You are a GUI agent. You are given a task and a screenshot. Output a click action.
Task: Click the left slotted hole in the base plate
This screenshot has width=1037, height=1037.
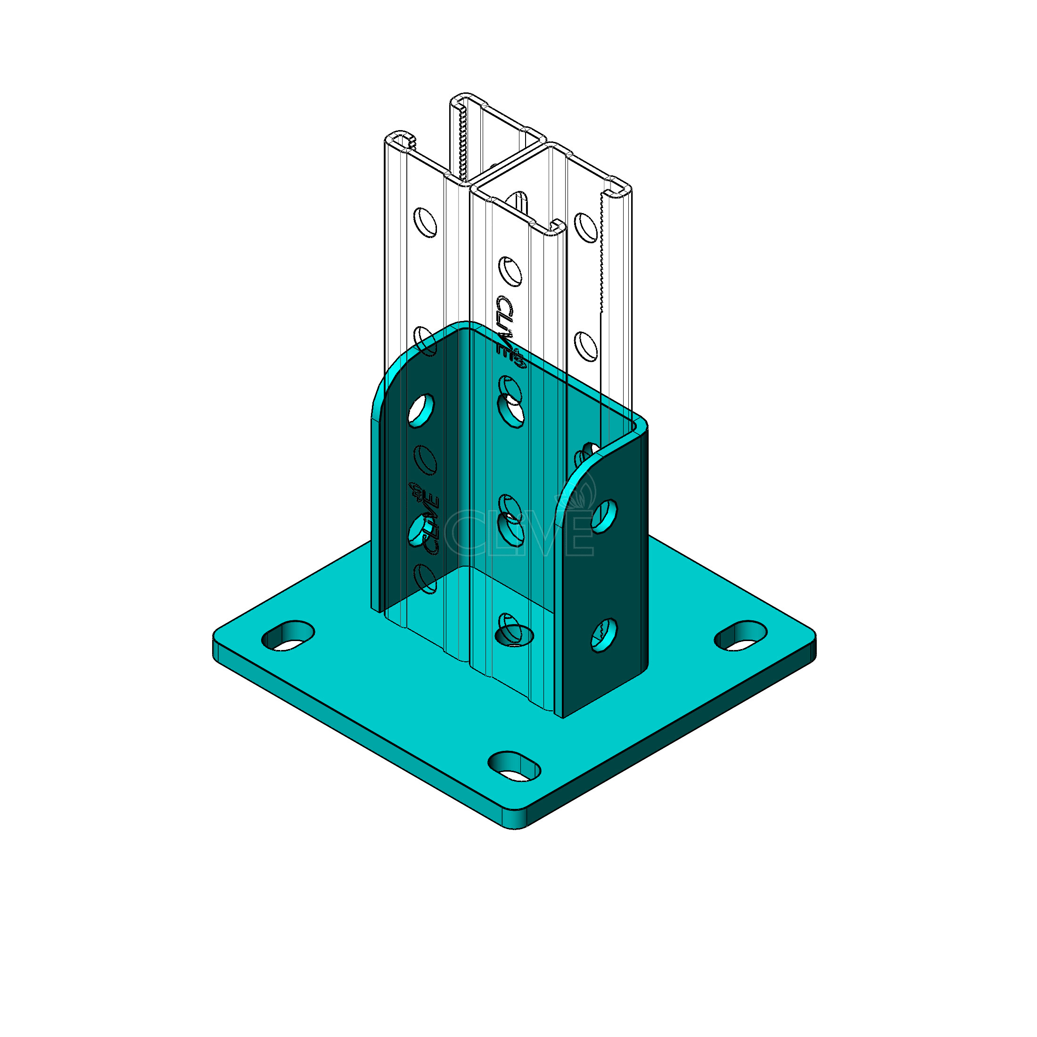(x=288, y=637)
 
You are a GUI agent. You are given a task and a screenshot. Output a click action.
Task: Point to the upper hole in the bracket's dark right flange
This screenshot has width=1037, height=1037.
(x=604, y=516)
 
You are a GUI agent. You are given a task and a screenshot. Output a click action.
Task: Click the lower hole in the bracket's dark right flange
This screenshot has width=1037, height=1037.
(x=604, y=635)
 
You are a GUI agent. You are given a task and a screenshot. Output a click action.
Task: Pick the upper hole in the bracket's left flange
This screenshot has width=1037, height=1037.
(x=422, y=411)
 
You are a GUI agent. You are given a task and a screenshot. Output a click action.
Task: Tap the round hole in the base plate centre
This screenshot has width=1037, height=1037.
(x=514, y=635)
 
